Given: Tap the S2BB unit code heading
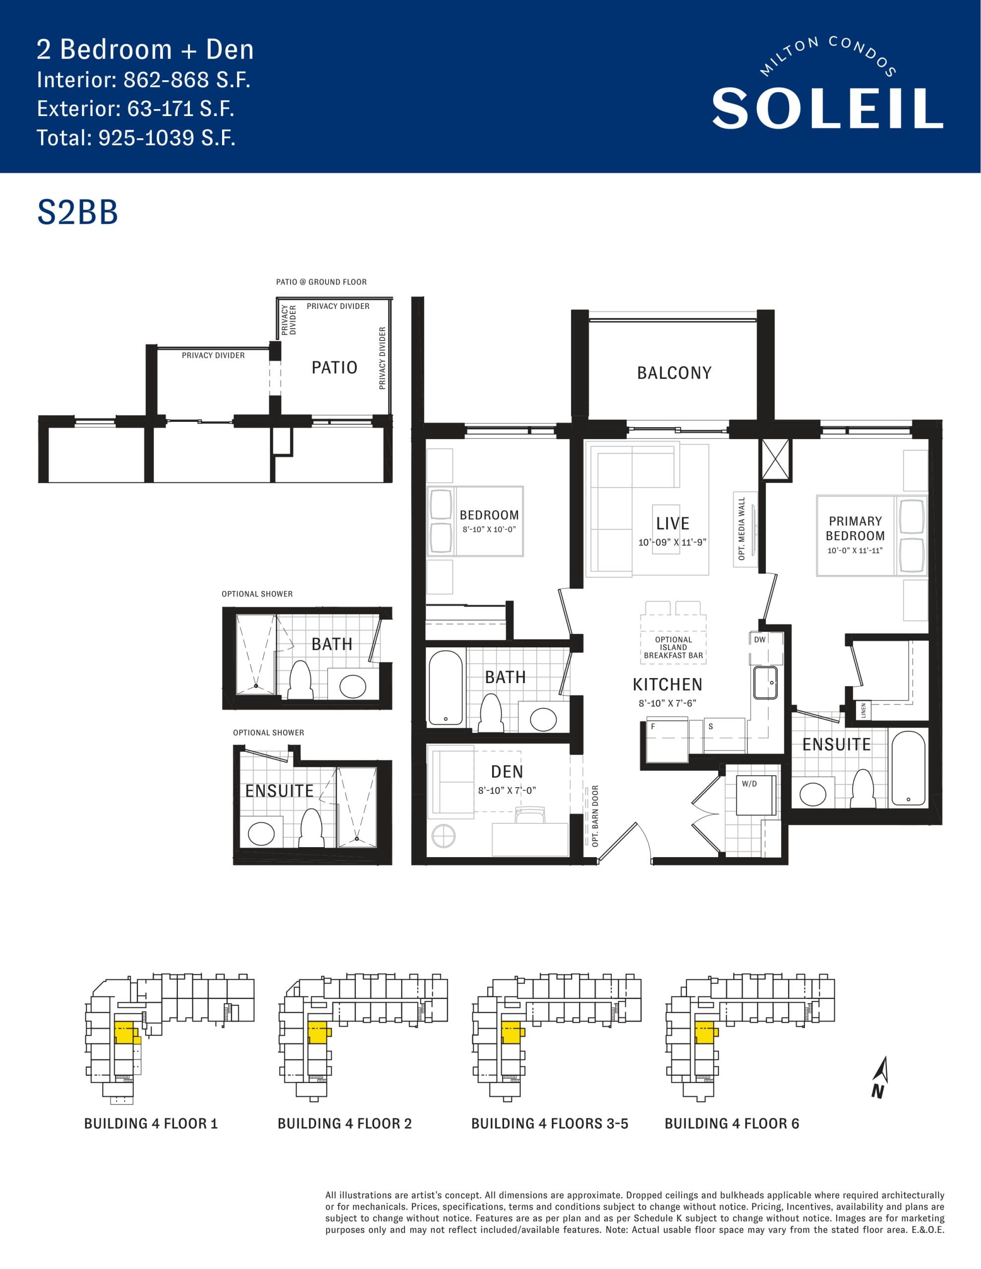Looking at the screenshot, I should tap(77, 212).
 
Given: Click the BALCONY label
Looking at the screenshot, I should tap(674, 373).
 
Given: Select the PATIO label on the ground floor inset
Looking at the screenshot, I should tap(334, 368).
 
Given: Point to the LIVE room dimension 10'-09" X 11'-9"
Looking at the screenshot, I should tap(672, 542).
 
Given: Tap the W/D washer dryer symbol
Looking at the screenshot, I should tap(756, 794).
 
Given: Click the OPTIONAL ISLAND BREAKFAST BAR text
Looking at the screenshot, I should tap(673, 647).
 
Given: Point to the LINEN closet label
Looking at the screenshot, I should tap(864, 710).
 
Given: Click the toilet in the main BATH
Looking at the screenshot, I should tap(491, 712).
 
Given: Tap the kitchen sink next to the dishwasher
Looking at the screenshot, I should tap(765, 682).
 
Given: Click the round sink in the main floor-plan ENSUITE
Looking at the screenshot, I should tap(812, 794).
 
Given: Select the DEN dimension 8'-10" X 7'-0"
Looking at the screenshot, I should tap(507, 790).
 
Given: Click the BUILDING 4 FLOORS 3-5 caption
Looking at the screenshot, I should tap(549, 1124).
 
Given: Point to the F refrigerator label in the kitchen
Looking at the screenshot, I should tap(653, 726).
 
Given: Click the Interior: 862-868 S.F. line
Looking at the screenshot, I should tap(144, 80).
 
